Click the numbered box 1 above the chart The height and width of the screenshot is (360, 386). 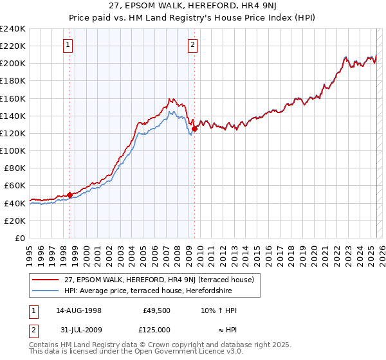point(68,45)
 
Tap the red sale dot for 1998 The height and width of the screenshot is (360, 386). point(69,195)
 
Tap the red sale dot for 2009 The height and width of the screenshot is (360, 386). point(194,129)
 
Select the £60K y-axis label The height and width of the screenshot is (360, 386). point(15,185)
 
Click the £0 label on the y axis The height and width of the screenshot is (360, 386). point(19,238)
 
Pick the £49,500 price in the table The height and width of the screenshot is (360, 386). point(157,310)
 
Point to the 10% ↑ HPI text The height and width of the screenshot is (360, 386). point(219,310)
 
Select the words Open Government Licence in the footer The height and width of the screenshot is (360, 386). point(182,352)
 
